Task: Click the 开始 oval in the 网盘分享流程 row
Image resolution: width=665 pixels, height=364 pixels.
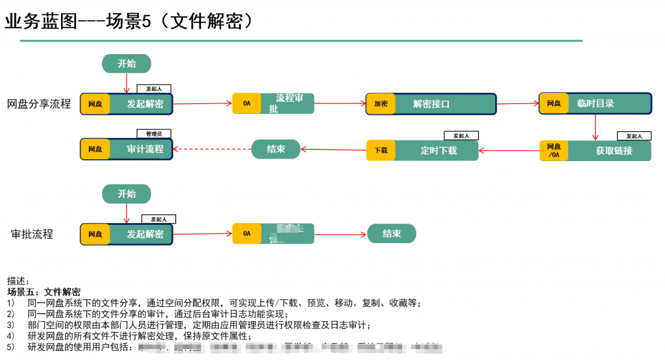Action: click(x=127, y=64)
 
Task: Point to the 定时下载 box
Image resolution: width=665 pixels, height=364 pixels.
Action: click(x=438, y=150)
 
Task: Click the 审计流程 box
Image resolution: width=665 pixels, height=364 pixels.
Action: click(x=145, y=149)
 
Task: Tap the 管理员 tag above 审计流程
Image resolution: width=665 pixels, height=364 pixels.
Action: click(x=154, y=133)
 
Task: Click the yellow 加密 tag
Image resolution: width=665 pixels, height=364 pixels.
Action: click(x=381, y=104)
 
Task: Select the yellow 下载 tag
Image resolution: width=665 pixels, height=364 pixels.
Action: click(x=381, y=151)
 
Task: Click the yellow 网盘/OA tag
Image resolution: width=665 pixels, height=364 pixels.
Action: click(x=553, y=151)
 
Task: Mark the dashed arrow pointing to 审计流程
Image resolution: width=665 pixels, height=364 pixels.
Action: click(x=212, y=149)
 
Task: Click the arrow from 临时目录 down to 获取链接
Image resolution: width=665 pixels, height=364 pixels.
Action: click(x=595, y=127)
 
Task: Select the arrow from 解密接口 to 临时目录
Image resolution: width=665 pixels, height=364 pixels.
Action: click(x=518, y=103)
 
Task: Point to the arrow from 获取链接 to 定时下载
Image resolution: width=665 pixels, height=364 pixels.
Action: click(x=508, y=151)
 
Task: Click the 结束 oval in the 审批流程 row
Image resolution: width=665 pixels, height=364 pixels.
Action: click(x=392, y=234)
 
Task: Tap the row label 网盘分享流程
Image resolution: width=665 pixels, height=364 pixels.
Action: click(x=39, y=104)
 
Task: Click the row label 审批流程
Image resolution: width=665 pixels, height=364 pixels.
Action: click(x=32, y=234)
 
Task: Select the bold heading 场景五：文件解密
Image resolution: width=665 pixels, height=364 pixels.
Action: click(x=44, y=292)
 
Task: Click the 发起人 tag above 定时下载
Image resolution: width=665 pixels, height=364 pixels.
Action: click(x=461, y=136)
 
